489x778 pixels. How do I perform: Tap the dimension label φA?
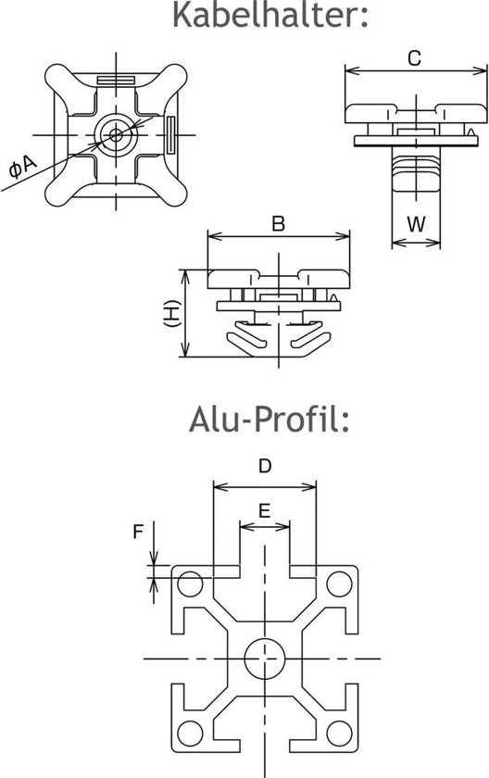pyautogui.click(x=21, y=168)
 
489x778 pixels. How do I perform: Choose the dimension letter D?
pyautogui.click(x=265, y=467)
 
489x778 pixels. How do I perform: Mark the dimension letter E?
pyautogui.click(x=265, y=510)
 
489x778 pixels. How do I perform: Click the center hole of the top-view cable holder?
pyautogui.click(x=117, y=134)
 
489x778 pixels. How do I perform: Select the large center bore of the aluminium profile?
pyautogui.click(x=265, y=657)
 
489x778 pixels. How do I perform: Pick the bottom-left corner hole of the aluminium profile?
pyautogui.click(x=191, y=730)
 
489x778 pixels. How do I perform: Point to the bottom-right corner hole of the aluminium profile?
pyautogui.click(x=339, y=730)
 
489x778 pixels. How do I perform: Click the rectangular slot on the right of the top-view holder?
pyautogui.click(x=172, y=134)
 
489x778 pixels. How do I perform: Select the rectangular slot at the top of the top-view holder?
pyautogui.click(x=117, y=79)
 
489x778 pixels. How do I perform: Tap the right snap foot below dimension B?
pyautogui.click(x=307, y=339)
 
